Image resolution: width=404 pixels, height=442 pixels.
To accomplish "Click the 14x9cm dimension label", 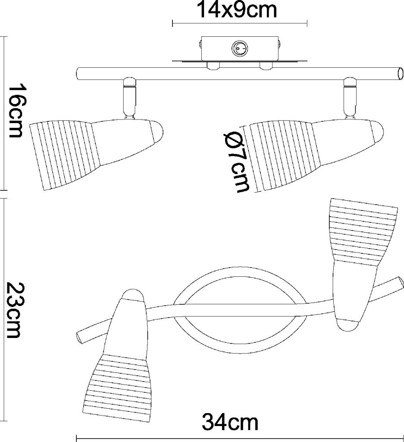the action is (x=238, y=10).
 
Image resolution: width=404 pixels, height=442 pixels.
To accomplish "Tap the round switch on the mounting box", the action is (x=239, y=49).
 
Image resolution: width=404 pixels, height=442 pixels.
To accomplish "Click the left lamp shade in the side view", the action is (x=96, y=154).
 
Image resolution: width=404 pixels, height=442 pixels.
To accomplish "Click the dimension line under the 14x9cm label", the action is (x=240, y=24).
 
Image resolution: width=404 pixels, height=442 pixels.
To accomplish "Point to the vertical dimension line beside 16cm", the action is (x=4, y=114).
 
